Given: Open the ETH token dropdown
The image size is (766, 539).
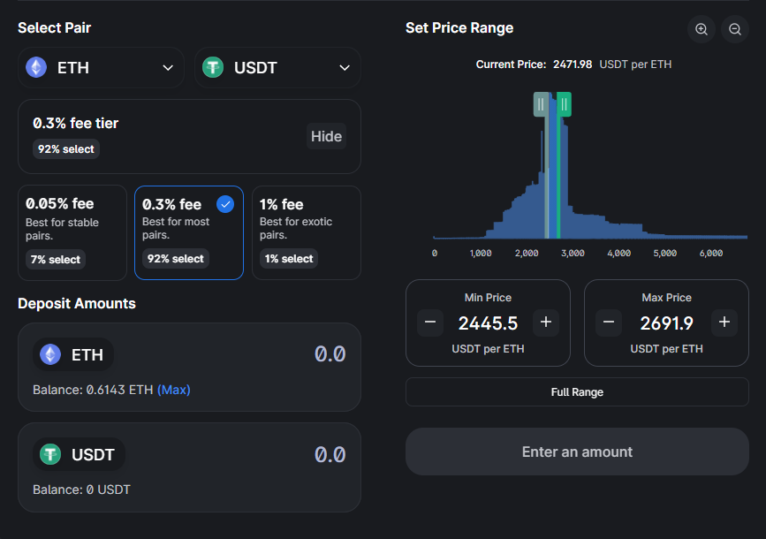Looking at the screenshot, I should tap(100, 68).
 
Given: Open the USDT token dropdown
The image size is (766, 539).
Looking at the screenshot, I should tap(277, 68).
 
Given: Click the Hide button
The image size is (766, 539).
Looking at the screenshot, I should tap(326, 136).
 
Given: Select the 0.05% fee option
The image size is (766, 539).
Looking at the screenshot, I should tap(72, 232).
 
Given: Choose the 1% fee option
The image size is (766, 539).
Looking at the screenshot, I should tap(306, 232).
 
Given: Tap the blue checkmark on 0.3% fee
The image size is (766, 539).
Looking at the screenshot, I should tap(225, 204).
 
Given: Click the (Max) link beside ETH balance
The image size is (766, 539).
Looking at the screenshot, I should tap(174, 390).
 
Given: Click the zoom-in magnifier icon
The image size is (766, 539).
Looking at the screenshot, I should tap(702, 29).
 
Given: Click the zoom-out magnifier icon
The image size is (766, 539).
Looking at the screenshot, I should tap(735, 29).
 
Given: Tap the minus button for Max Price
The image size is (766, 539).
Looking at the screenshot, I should tap(608, 323).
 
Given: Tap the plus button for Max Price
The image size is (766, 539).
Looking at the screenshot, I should tap(724, 323).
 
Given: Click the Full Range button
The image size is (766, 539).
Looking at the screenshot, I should tap(577, 391).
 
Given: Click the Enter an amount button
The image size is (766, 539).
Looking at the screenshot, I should tap(577, 452).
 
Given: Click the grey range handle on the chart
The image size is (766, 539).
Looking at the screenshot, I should tap(540, 104).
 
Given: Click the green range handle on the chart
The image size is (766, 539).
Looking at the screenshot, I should tap(564, 104).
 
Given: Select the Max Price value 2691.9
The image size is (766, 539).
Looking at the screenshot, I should tap(666, 323).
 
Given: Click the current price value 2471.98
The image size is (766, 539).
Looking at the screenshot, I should tap(573, 65).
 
